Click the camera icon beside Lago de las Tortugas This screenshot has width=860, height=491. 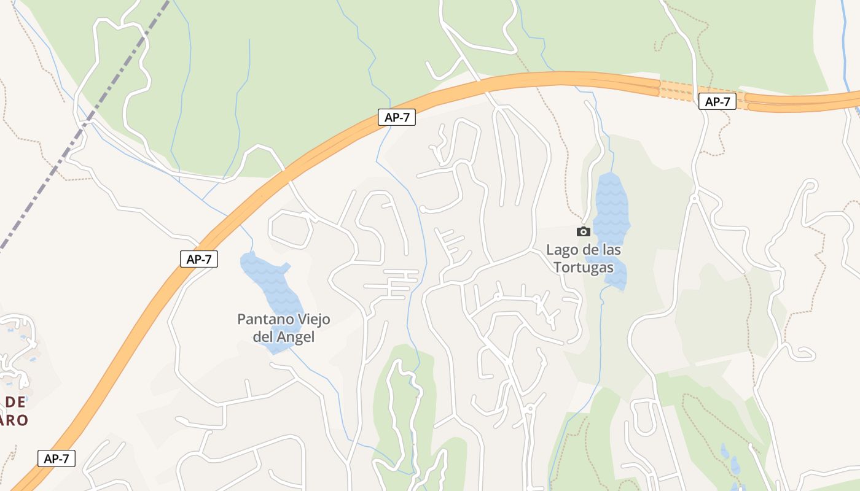(x=583, y=231)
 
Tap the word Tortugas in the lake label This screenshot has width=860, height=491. (x=583, y=268)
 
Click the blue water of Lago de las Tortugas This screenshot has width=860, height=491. (x=612, y=203)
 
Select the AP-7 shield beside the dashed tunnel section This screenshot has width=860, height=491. (x=717, y=101)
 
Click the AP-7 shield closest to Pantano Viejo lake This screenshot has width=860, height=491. (x=199, y=259)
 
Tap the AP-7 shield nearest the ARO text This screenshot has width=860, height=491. (x=57, y=458)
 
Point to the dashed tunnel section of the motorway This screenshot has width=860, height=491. (x=679, y=90)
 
